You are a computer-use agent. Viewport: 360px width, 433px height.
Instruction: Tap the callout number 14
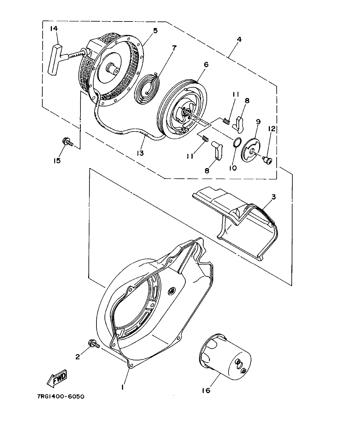(x=54, y=29)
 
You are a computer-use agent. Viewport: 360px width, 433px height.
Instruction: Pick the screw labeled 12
(x=266, y=159)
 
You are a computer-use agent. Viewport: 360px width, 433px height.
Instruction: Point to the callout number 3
(x=273, y=196)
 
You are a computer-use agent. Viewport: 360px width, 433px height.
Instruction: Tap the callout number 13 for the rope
(x=139, y=153)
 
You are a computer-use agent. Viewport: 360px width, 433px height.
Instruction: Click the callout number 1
(x=122, y=387)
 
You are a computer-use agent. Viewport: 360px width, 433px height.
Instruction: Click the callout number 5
(x=155, y=31)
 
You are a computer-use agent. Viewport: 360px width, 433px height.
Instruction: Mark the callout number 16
(x=206, y=390)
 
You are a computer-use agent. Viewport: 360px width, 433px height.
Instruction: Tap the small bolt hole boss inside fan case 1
(x=171, y=291)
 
